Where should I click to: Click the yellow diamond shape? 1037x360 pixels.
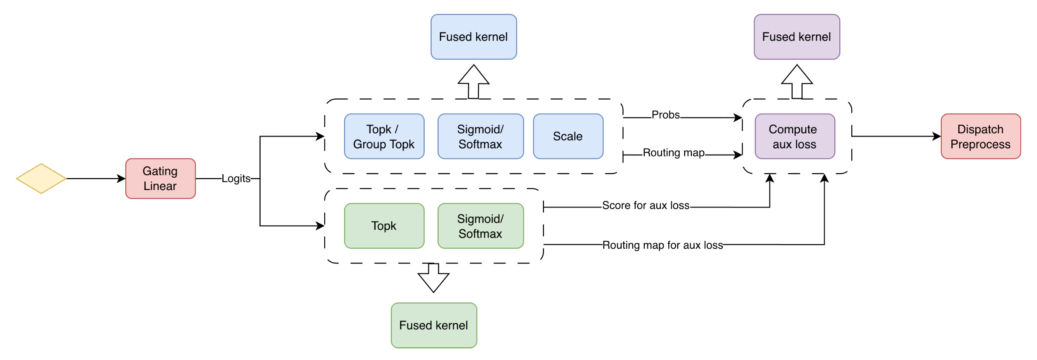41,178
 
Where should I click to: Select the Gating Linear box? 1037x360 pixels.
160,178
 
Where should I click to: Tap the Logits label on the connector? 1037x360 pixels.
236,178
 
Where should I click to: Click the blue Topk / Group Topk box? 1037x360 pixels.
384,136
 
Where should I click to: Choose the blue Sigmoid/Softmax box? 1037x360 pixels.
480,136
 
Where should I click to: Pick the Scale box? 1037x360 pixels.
568,136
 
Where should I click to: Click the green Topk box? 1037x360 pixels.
384,226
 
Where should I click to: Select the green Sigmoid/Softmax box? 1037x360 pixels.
480,226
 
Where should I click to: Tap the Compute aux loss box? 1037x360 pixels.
794,136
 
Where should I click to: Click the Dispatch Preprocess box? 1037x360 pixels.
980,136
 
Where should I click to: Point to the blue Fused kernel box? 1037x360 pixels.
473,37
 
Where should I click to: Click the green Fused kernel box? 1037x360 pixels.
434,325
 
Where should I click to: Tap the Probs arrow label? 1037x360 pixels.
666,115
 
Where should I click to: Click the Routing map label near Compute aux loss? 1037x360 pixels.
673,153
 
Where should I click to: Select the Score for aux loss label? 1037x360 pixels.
646,205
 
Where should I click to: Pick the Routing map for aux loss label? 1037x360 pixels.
663,245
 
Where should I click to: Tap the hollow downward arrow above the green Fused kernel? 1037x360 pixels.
434,278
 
